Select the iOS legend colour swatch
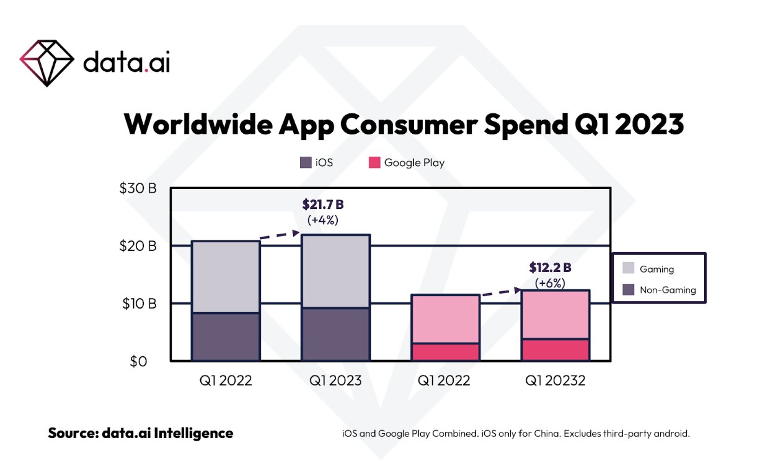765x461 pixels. coord(305,163)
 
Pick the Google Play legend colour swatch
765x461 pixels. coord(374,163)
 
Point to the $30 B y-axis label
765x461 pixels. coord(138,188)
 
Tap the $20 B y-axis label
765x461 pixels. coord(138,246)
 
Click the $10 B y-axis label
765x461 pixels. coord(138,304)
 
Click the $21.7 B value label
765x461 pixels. coord(323,204)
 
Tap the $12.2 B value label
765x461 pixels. coord(550,268)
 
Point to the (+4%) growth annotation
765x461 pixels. coord(323,219)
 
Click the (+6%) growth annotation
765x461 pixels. coord(550,283)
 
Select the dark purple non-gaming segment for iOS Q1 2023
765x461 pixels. coord(335,334)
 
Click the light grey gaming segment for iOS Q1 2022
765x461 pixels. coord(226,276)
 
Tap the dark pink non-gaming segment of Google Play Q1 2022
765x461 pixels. coord(446,351)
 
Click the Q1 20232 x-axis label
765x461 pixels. coord(555,380)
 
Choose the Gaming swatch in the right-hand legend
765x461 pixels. coord(628,268)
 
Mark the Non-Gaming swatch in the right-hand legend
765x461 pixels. coord(628,289)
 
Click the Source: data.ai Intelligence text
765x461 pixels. coord(141,433)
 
